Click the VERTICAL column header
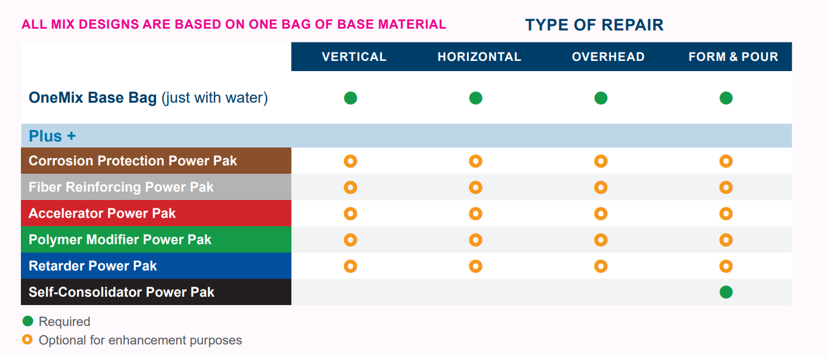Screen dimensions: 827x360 [x=354, y=57]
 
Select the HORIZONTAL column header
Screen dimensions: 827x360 [x=479, y=57]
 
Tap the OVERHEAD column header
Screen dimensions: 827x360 [x=608, y=57]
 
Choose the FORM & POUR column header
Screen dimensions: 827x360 [x=733, y=57]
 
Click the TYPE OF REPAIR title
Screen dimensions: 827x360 [x=594, y=25]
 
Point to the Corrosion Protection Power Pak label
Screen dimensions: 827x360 [x=133, y=161]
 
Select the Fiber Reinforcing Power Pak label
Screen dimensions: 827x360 [x=121, y=187]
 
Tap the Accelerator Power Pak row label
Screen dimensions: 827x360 [x=102, y=213]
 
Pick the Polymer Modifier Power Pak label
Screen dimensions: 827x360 [x=120, y=240]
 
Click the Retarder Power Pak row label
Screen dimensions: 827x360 [x=93, y=266]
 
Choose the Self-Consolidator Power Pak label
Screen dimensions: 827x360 [x=121, y=292]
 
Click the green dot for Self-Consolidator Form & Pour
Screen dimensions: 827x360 [x=726, y=292]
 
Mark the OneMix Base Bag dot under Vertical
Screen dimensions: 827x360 [x=351, y=98]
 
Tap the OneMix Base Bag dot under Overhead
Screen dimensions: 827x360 [x=601, y=98]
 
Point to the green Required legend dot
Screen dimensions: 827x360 [x=27, y=321]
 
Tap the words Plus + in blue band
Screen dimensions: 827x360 [x=53, y=136]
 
